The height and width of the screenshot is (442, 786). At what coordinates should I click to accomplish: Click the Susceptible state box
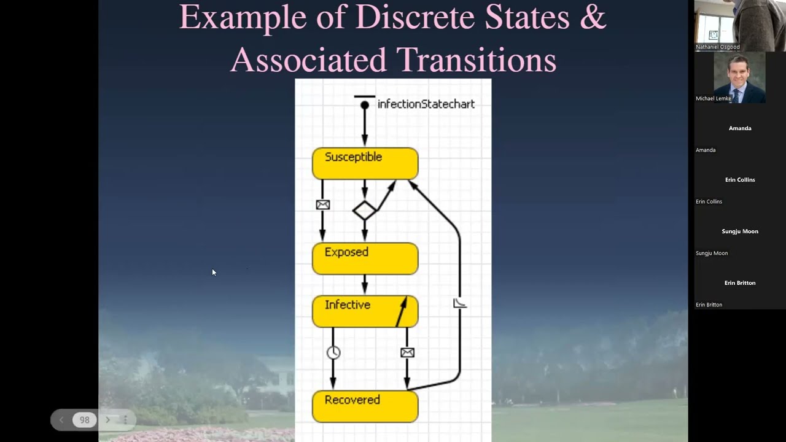365,163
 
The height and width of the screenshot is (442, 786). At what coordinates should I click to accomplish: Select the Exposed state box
365,258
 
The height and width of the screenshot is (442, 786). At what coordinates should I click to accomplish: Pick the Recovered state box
365,406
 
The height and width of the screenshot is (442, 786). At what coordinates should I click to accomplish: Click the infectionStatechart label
426,104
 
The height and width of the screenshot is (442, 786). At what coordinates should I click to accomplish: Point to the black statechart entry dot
365,105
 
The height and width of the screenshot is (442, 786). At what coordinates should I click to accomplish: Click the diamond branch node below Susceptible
365,211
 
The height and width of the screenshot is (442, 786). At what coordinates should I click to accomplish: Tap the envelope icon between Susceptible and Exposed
323,205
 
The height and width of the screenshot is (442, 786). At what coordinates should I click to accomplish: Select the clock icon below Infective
333,352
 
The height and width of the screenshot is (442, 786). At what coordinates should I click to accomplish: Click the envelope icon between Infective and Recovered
407,352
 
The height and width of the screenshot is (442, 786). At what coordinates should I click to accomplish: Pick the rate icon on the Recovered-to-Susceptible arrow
459,303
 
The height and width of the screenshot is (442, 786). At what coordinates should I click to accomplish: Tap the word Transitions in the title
476,60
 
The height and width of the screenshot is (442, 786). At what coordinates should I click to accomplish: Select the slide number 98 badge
85,420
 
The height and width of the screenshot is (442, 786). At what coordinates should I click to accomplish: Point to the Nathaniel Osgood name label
717,47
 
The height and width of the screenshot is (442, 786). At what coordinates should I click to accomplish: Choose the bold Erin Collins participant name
740,180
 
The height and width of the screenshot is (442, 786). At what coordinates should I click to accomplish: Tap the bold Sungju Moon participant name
740,231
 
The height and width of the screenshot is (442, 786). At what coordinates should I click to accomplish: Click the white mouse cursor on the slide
214,272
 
